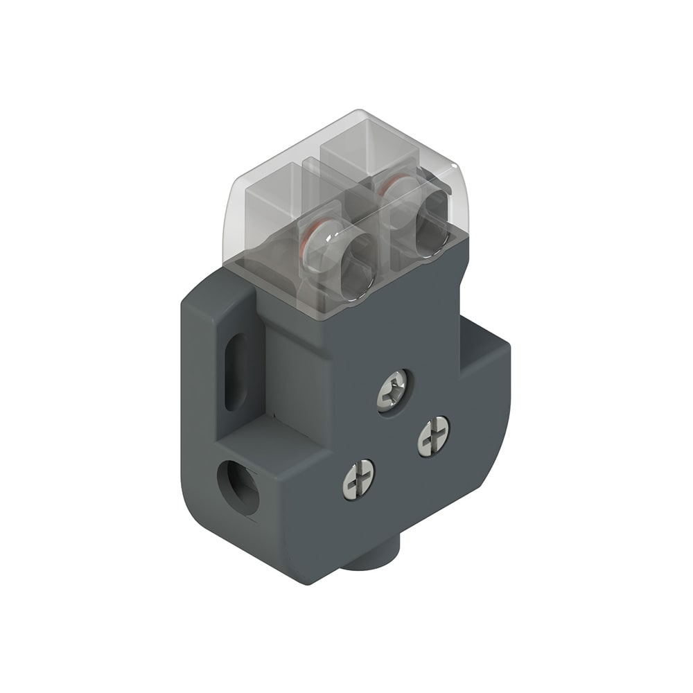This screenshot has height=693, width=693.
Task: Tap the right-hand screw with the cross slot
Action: pos(434,435)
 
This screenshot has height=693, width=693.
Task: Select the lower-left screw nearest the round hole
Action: pos(358,477)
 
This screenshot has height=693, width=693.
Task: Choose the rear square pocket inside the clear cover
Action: pos(350,156)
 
